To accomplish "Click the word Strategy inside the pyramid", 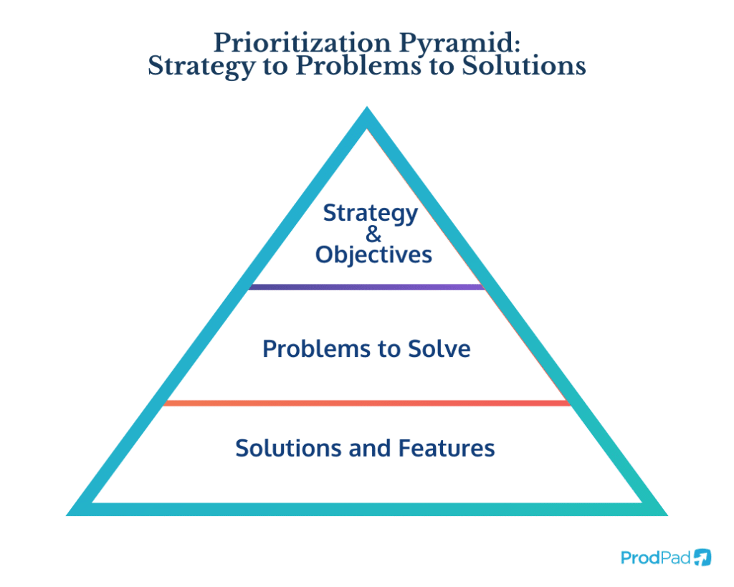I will pos(370,214).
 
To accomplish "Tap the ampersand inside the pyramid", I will pos(373,234).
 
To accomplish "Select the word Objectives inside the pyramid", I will pos(373,254).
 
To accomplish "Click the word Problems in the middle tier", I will pos(311,349).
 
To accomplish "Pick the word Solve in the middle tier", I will pos(441,349).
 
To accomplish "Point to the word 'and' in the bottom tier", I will pos(370,448).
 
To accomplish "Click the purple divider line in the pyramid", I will pos(366,287).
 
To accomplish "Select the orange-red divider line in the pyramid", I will pos(366,404).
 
